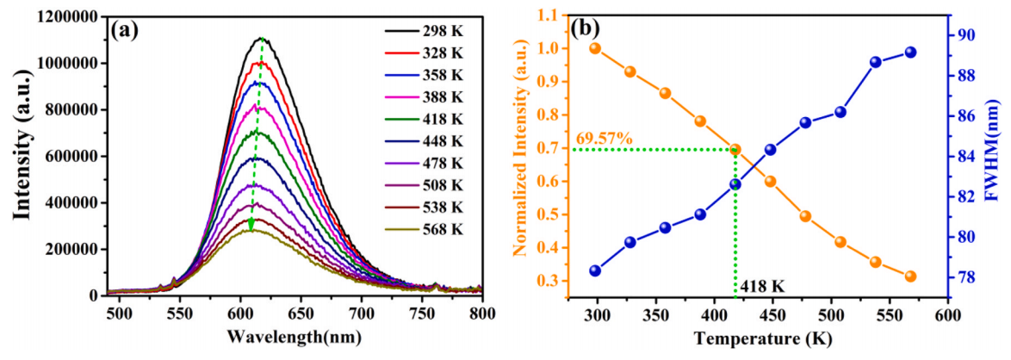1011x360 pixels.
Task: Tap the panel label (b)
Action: click(x=586, y=28)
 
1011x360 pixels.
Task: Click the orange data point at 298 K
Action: click(x=595, y=48)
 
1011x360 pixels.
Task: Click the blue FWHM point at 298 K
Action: click(x=595, y=270)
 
